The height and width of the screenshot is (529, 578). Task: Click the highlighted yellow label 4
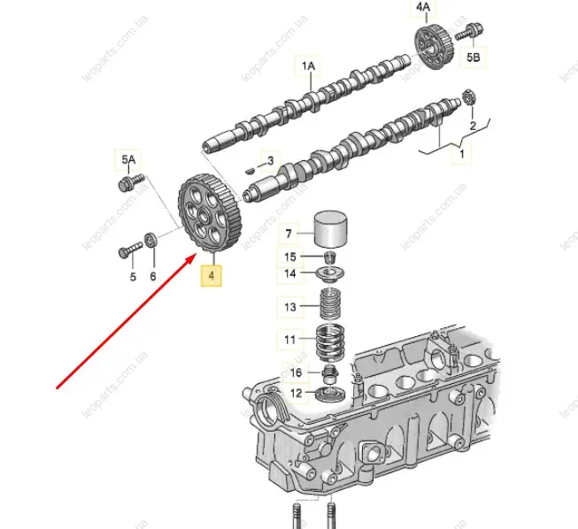click(x=212, y=275)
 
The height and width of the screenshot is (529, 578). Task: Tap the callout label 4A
click(x=423, y=8)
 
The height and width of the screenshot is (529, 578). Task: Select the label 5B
click(x=474, y=57)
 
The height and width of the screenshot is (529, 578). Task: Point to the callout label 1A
click(x=308, y=66)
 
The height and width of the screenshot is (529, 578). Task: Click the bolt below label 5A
click(x=132, y=182)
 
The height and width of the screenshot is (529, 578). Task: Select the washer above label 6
click(x=151, y=240)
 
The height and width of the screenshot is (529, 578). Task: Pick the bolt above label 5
click(x=130, y=250)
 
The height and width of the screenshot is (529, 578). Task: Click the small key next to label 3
click(x=250, y=171)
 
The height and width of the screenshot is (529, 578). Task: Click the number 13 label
click(x=290, y=307)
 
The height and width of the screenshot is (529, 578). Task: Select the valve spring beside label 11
click(x=331, y=342)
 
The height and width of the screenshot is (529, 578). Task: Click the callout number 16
click(x=296, y=372)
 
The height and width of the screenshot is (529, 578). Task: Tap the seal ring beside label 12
click(x=331, y=395)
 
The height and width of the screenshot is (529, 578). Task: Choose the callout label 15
click(x=290, y=257)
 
